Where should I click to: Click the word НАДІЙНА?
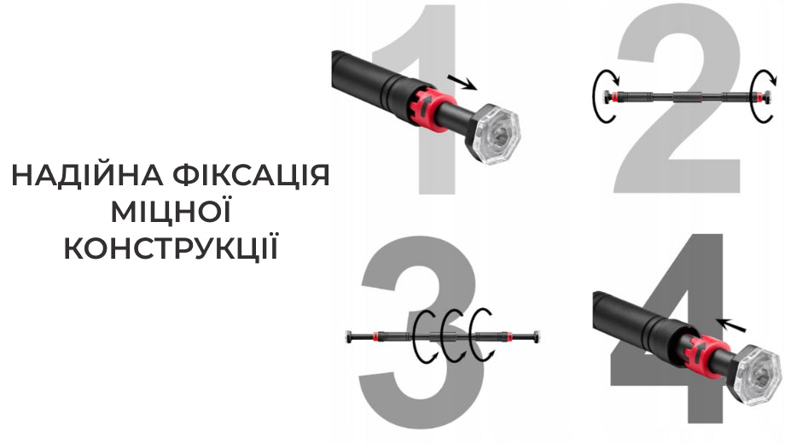click(x=87, y=175)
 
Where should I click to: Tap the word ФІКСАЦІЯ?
click(x=251, y=175)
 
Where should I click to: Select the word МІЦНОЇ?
click(x=171, y=211)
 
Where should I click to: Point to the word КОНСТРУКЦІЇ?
click(x=171, y=247)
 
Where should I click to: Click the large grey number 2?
click(x=677, y=100)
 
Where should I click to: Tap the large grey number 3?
click(x=421, y=332)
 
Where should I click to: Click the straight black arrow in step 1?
click(x=462, y=82)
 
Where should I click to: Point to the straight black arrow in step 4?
click(x=731, y=324)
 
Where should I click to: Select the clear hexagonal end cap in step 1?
click(x=495, y=132)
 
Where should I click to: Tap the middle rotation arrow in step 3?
click(x=445, y=336)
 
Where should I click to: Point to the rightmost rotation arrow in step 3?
click(x=474, y=336)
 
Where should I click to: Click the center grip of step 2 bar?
click(x=684, y=97)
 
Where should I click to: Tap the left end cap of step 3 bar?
click(x=348, y=337)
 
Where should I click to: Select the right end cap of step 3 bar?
click(x=537, y=336)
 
